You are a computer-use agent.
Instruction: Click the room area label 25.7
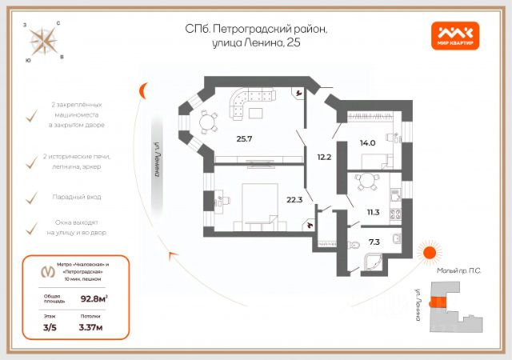244,138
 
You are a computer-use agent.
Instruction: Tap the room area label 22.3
294,199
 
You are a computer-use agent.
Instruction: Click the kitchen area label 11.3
373,212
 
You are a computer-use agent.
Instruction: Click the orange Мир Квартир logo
457,34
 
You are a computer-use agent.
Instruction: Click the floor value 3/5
50,327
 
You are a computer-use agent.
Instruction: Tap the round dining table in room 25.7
208,122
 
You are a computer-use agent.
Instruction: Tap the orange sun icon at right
430,254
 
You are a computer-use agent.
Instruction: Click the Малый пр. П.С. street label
459,271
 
